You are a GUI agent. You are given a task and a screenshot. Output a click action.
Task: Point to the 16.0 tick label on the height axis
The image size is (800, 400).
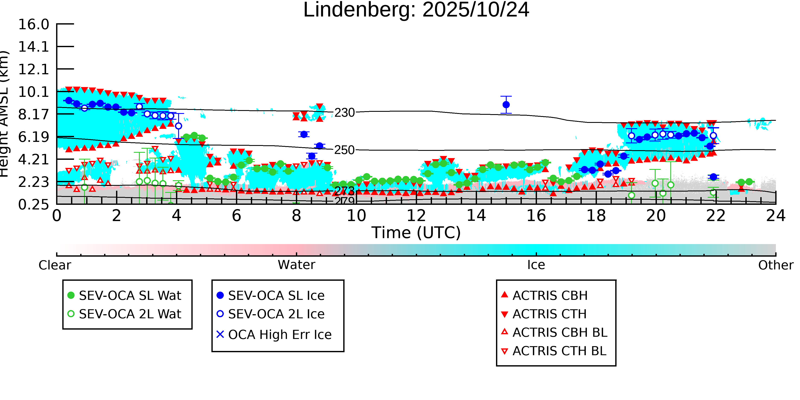(33, 25)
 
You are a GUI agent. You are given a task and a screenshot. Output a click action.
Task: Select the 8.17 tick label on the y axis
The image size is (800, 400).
(33, 115)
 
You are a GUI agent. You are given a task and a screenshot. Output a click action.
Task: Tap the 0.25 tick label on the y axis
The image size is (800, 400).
(33, 205)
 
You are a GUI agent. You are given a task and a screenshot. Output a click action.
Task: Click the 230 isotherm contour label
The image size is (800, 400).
(344, 113)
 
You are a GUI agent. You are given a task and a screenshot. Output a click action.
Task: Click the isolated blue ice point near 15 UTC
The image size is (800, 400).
(506, 105)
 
